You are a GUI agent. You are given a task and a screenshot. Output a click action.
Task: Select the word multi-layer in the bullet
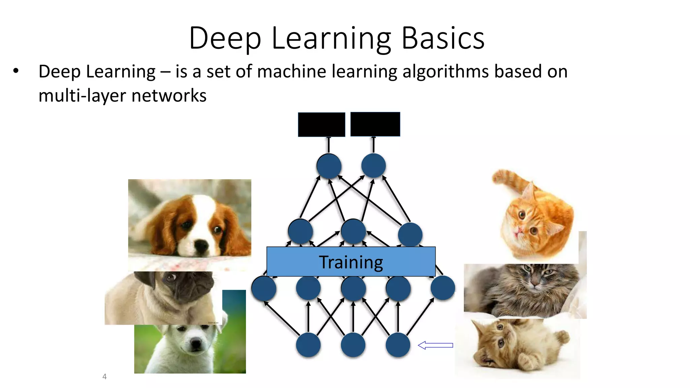(82, 96)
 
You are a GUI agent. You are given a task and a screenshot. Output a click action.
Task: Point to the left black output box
(321, 125)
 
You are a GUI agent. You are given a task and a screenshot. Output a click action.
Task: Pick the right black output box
(375, 124)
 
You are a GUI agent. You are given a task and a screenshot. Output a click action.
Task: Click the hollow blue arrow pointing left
(435, 345)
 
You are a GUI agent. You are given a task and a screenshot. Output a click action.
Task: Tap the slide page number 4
(104, 377)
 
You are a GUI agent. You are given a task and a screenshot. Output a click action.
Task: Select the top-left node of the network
(329, 166)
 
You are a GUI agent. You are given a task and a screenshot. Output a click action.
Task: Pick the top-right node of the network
(373, 166)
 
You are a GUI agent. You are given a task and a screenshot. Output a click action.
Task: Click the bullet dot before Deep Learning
(16, 71)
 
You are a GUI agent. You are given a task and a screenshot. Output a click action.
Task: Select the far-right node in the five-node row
(443, 288)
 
